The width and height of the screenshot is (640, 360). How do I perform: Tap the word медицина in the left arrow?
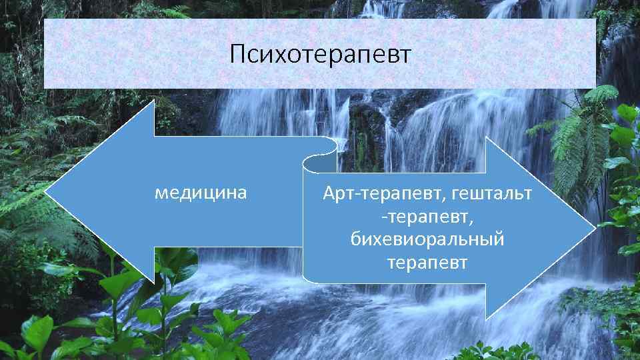pos(201,193)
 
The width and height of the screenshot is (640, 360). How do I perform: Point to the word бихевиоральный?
pos(427,239)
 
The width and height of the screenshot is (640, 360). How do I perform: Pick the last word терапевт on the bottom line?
pos(427,262)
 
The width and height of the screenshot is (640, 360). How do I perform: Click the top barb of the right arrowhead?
pos(487,139)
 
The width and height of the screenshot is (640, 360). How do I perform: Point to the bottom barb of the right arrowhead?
pos(487,317)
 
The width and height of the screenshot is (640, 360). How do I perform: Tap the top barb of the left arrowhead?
pos(154,101)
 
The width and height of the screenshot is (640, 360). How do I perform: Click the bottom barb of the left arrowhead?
pos(154,283)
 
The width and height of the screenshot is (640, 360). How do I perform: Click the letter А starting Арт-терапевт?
pos(329,194)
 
